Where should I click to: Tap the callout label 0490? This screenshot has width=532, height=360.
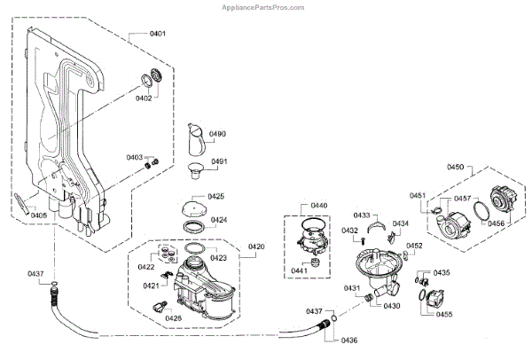(217, 134)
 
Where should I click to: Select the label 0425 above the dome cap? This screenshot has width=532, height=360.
(216, 196)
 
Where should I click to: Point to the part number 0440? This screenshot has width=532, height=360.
(318, 206)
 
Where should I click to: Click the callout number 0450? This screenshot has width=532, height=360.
(456, 168)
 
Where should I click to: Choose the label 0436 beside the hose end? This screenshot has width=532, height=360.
(349, 340)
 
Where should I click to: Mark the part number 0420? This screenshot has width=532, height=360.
(255, 247)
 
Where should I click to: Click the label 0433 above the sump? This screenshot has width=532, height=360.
(362, 215)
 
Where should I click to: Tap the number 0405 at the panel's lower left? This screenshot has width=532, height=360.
(39, 215)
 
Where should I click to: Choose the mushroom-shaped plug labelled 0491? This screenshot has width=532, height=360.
(195, 168)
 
